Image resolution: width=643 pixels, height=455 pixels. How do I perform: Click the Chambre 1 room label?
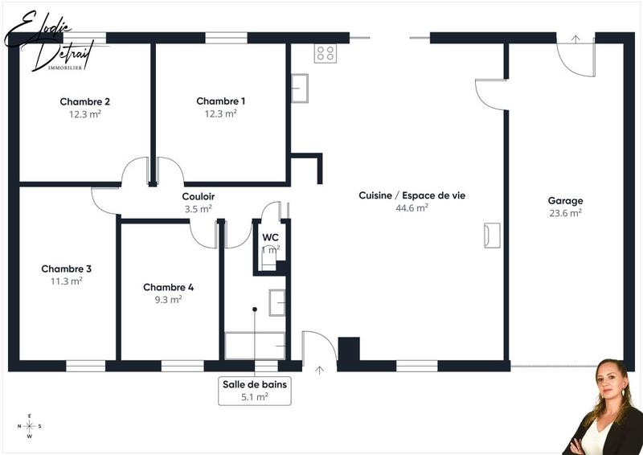click(220, 101)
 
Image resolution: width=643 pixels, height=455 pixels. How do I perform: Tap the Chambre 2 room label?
click(84, 102)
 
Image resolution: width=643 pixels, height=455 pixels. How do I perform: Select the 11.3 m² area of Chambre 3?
click(67, 281)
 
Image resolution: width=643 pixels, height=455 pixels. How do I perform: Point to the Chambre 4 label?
click(168, 287)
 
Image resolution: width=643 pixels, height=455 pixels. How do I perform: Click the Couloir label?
click(198, 196)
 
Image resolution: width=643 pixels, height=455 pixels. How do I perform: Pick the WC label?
click(270, 237)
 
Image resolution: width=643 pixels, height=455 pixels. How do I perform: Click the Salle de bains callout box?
click(254, 390)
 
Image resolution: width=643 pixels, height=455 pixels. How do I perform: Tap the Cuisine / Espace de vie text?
click(412, 195)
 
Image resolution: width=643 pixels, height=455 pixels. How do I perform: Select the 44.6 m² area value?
click(412, 207)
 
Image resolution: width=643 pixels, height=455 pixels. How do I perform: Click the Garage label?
click(565, 201)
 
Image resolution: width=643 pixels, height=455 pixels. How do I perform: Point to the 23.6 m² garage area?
click(565, 213)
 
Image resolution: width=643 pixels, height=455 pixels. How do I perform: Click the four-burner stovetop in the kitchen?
click(326, 53)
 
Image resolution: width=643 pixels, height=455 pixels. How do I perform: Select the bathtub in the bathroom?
click(254, 346)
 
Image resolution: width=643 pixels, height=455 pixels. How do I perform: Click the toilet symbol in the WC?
click(268, 259)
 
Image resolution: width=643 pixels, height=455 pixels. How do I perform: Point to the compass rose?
click(30, 426)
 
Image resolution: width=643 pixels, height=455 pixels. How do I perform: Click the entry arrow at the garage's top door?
click(575, 39)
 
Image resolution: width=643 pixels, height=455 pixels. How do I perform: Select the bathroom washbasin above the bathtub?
click(276, 302)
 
